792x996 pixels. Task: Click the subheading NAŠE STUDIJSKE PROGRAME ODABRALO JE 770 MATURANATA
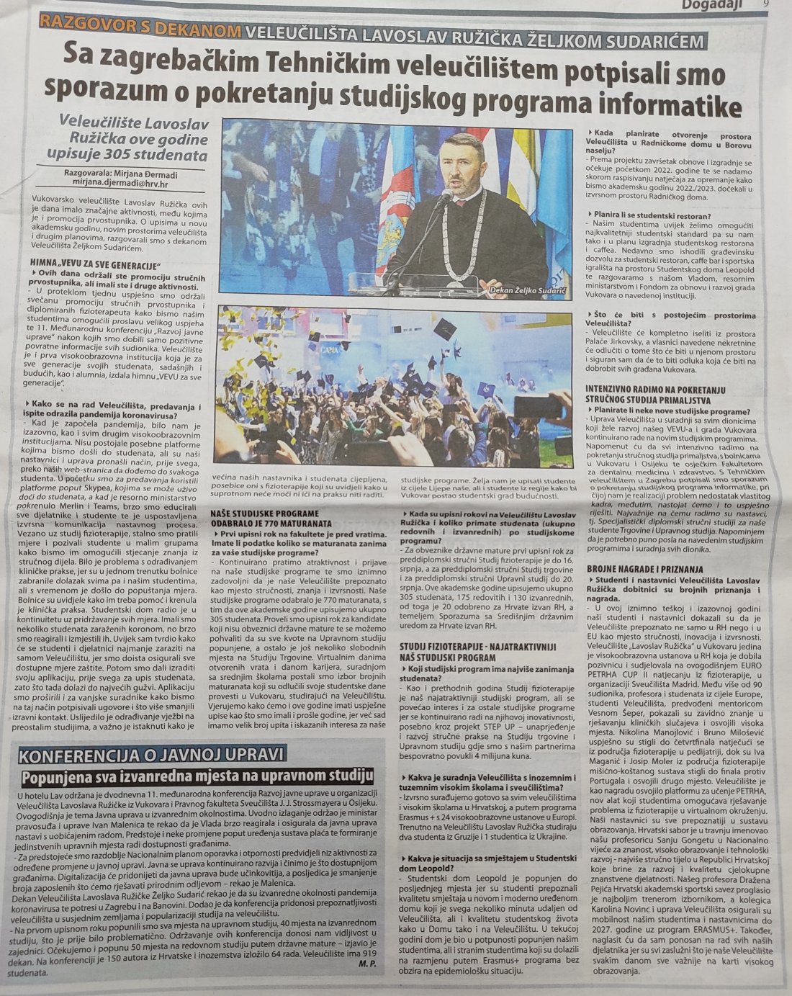coord(272,518)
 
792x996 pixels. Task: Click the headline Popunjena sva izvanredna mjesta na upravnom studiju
coord(198,778)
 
